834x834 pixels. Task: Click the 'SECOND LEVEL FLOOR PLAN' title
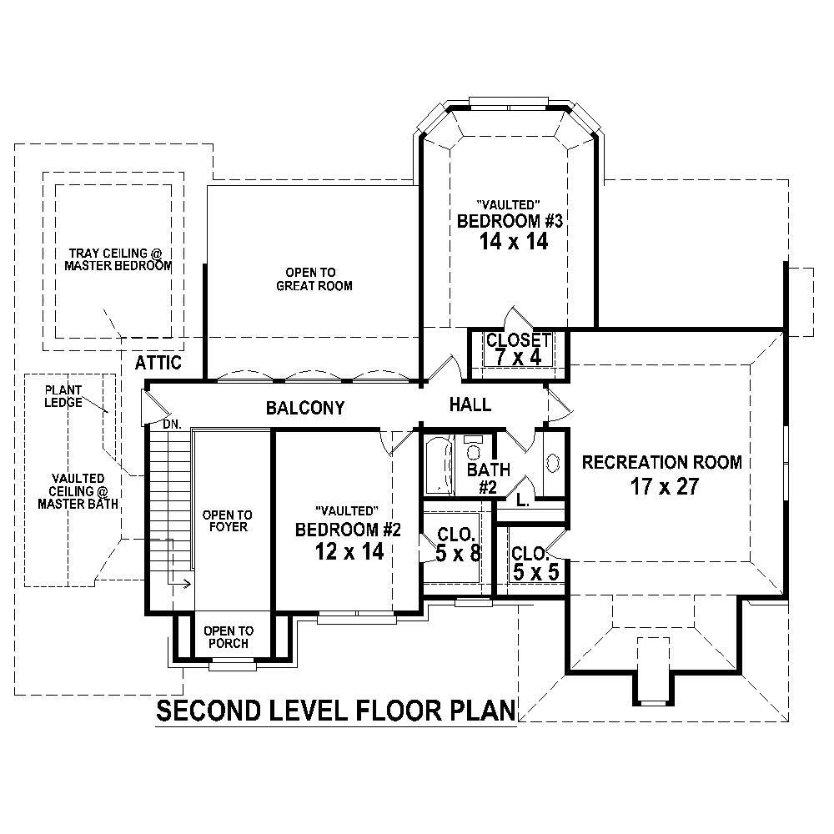pos(336,711)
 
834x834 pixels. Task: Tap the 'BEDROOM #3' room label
pos(512,222)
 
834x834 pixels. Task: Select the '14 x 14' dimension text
pos(512,242)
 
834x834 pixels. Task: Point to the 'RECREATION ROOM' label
pos(661,462)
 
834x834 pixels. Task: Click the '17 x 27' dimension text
pos(664,487)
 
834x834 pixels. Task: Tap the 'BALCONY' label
pos(304,408)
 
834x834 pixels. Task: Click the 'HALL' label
pos(470,405)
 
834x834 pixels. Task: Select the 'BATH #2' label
pos(488,478)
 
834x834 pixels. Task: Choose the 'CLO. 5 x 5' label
pos(530,562)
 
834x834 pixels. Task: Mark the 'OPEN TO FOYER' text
pos(227,521)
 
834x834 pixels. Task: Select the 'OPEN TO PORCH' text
pos(228,637)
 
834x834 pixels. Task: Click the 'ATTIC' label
pos(158,363)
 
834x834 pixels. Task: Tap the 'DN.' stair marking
pos(172,425)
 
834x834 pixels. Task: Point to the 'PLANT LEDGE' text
pos(63,396)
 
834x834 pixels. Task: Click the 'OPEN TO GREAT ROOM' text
pos(313,279)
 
